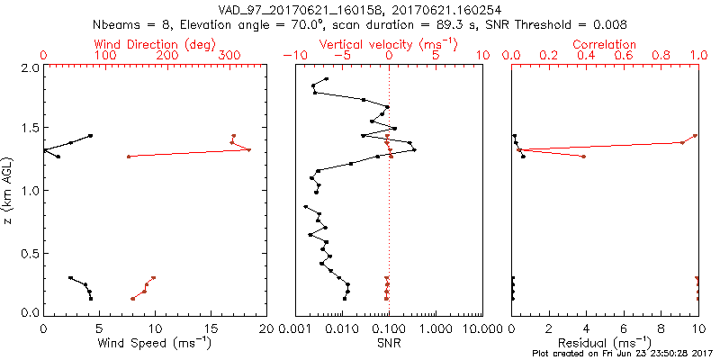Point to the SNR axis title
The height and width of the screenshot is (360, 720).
pyautogui.click(x=388, y=343)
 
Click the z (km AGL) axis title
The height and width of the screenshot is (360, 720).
pyautogui.click(x=8, y=191)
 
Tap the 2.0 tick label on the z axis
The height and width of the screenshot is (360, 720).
pyautogui.click(x=30, y=68)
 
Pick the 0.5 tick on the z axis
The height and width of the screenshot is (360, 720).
pyautogui.click(x=30, y=253)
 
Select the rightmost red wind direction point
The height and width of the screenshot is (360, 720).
pyautogui.click(x=249, y=149)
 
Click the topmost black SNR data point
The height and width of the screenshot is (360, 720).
pyautogui.click(x=327, y=79)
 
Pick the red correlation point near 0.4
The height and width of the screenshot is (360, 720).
pyautogui.click(x=584, y=157)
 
